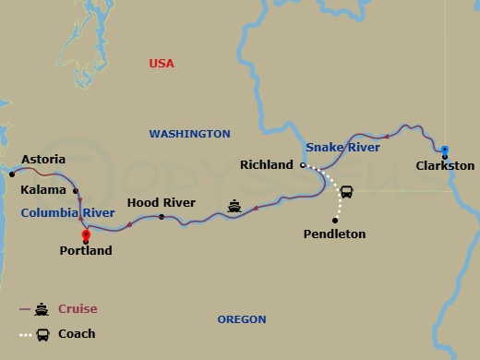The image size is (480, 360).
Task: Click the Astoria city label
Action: tap(43, 159)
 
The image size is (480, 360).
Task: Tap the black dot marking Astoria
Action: tap(12, 173)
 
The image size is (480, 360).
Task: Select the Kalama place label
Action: tap(43, 190)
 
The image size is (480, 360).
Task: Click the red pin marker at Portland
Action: tap(85, 234)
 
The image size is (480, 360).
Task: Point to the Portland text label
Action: tap(85, 250)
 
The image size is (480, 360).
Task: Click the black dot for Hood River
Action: tap(162, 217)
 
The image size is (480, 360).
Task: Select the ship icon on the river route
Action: tap(234, 206)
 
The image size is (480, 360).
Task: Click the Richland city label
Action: tap(266, 165)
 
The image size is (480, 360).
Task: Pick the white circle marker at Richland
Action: tap(302, 165)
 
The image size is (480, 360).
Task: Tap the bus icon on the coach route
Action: tap(346, 192)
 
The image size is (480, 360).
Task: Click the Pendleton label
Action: tap(334, 234)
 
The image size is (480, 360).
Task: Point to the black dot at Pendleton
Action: tap(335, 220)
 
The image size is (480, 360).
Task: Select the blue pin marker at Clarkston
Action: tap(444, 150)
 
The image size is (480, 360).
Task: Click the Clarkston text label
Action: tap(445, 166)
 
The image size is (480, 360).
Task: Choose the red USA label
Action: tap(162, 64)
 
